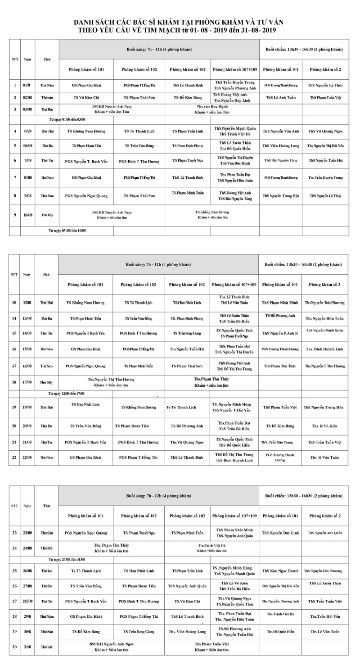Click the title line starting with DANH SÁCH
[179, 22]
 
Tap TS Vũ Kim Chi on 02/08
[86, 97]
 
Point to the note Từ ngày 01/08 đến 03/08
[67, 119]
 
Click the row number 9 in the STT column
[15, 215]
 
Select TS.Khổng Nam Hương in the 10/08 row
[212, 212]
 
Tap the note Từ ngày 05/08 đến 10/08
[67, 231]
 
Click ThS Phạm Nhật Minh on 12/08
[280, 303]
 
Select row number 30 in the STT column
[15, 647]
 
